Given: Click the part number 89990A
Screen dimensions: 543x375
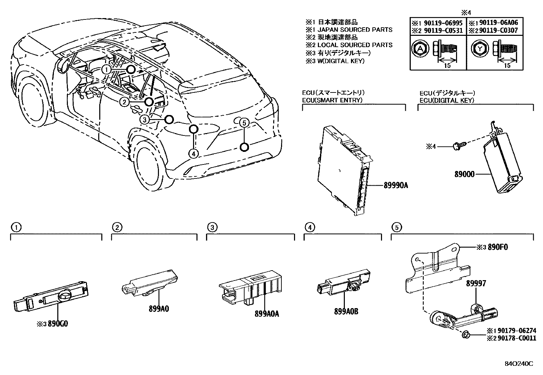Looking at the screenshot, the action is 396,186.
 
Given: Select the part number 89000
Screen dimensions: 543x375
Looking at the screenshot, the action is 464,174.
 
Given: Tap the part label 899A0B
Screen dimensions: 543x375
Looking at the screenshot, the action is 346,312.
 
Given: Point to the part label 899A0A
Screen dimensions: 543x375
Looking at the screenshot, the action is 267,314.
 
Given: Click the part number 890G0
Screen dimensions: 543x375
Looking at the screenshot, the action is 58,323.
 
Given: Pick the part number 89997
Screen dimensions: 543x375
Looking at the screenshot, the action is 476,283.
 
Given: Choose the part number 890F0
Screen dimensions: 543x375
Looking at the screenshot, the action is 498,247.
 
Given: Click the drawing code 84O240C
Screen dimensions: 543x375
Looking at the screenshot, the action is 519,364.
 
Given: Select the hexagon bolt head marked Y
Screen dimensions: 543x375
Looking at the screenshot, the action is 480,49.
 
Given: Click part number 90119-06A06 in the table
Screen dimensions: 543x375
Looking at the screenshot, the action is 499,23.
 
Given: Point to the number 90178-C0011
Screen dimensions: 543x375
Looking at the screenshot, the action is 517,338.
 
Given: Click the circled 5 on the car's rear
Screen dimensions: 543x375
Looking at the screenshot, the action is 244,123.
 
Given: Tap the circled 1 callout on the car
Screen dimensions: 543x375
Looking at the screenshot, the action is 106,70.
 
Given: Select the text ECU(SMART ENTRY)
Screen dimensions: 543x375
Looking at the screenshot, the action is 332,100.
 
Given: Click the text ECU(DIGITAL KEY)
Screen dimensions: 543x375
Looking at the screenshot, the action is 447,100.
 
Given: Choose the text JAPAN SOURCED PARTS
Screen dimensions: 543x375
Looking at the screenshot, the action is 355,30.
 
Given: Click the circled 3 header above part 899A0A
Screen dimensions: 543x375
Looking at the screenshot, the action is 212,228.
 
